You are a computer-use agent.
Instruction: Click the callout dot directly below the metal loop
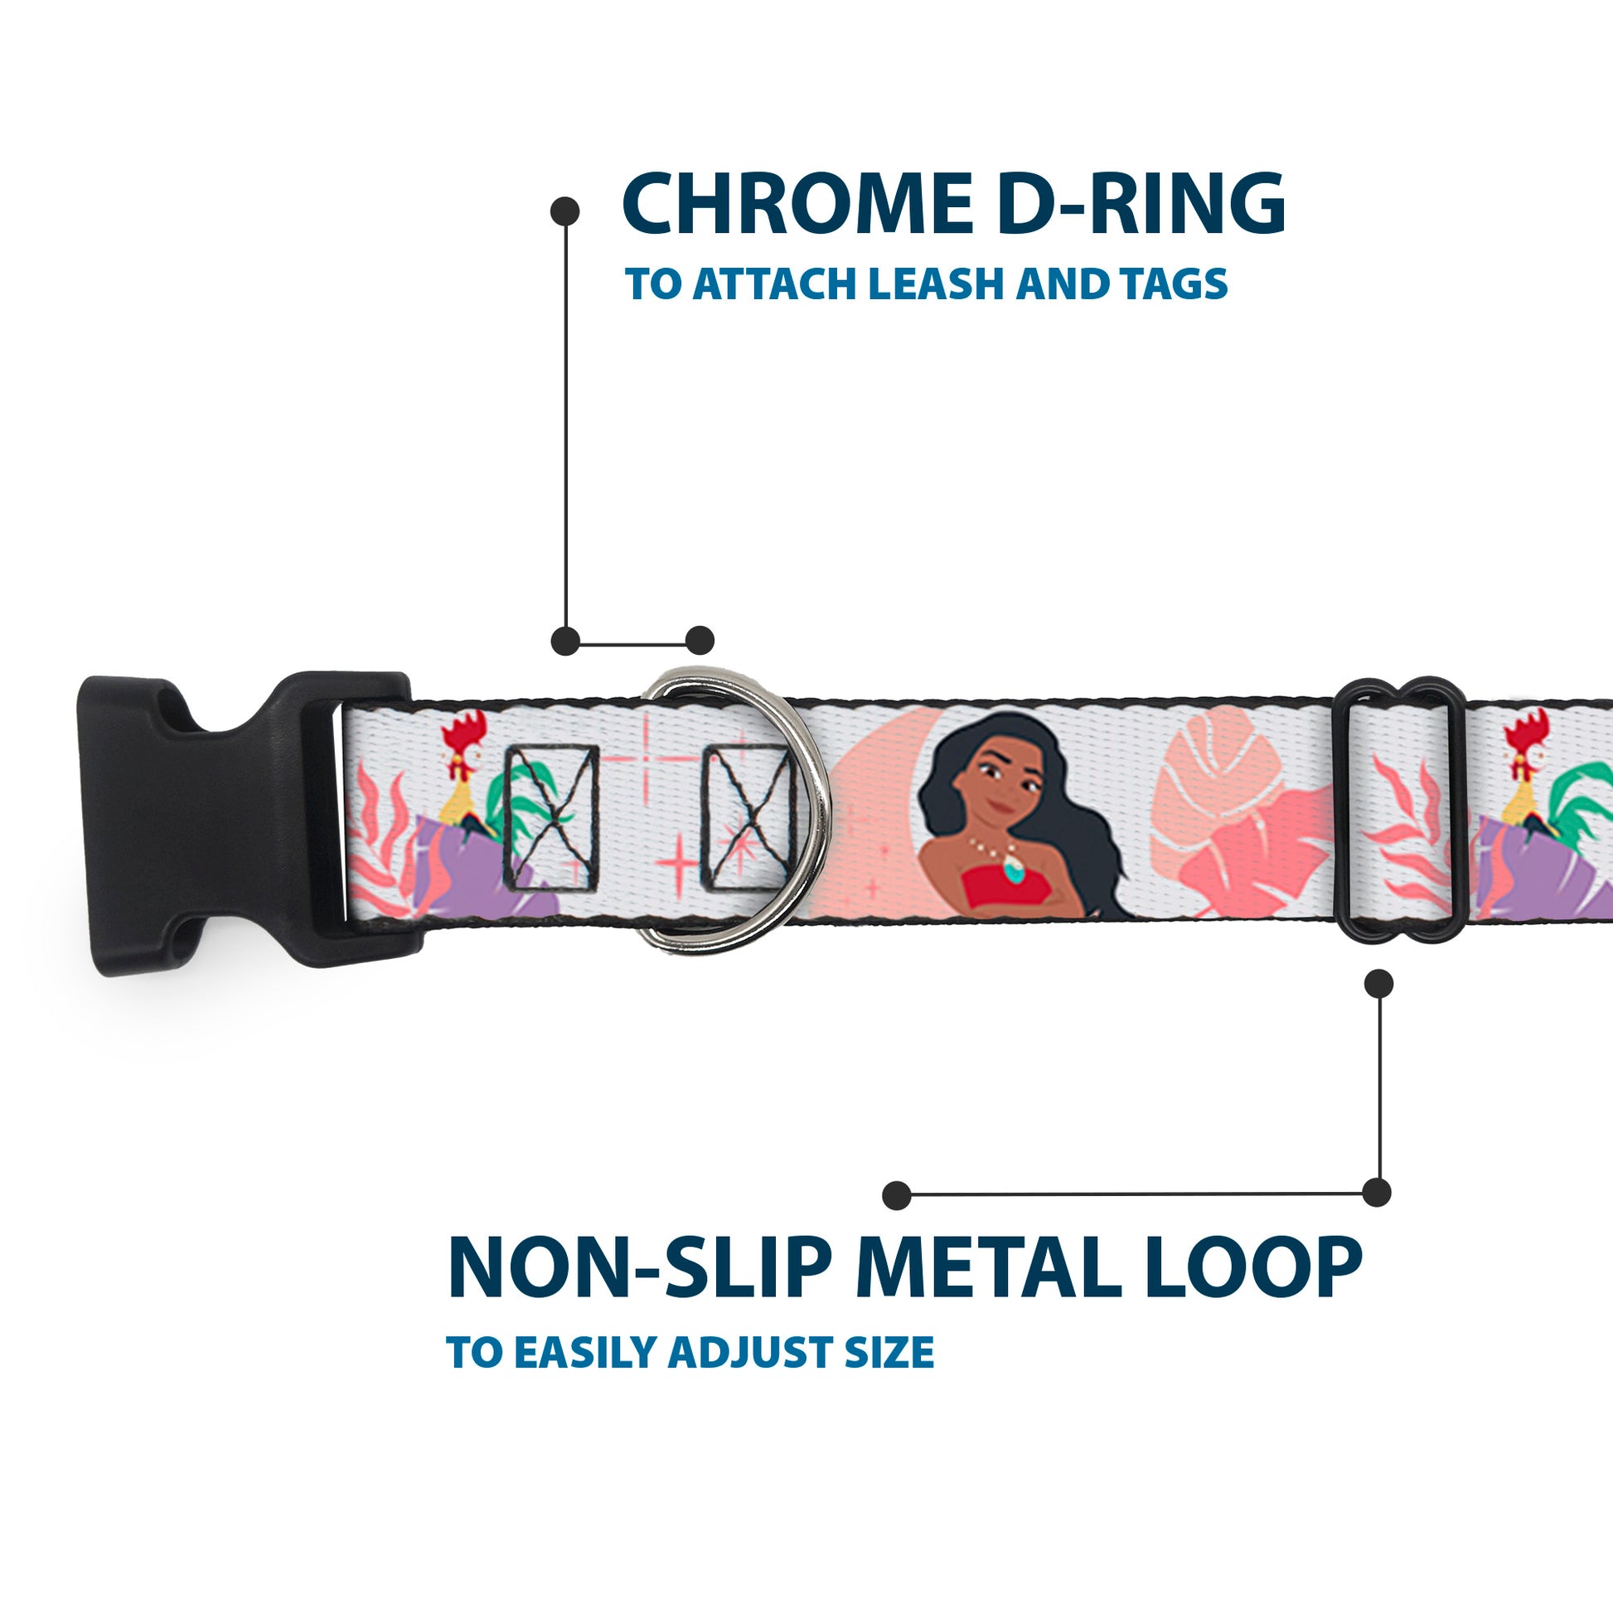click(x=1378, y=985)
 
